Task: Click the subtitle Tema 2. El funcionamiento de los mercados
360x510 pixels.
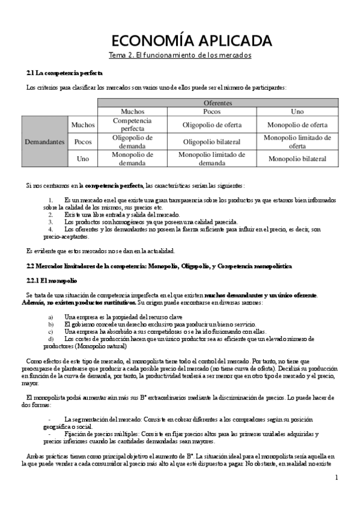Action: coord(180,55)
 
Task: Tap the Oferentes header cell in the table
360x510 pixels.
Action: coord(218,103)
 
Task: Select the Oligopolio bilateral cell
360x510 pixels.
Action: coord(212,142)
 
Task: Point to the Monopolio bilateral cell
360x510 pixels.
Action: coord(297,159)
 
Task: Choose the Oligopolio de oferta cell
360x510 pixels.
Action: coord(212,124)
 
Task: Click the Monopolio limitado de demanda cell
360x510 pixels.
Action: coord(212,159)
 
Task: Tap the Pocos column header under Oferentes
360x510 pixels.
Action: coord(212,112)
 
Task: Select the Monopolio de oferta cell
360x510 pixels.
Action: coord(297,124)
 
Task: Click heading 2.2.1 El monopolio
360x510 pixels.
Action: coord(52,281)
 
